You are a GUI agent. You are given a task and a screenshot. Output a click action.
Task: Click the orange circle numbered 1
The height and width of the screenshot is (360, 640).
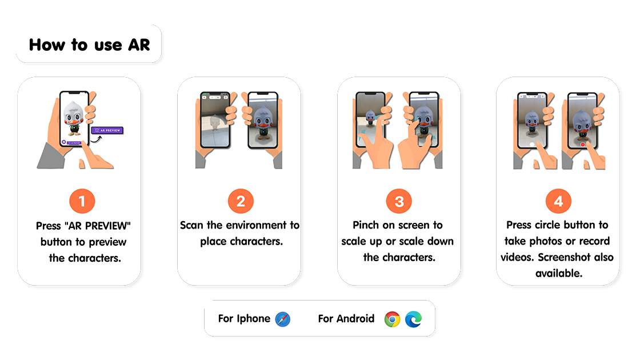[x=82, y=201]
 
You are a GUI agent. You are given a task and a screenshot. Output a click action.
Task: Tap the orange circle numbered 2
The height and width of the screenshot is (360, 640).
[x=241, y=201]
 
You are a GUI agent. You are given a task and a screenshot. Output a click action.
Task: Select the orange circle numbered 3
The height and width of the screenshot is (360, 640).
[x=399, y=201]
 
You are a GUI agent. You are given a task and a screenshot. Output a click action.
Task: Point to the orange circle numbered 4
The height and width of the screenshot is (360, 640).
[x=558, y=201]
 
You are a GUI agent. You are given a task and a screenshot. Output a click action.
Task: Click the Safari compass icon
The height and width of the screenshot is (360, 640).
[x=282, y=319]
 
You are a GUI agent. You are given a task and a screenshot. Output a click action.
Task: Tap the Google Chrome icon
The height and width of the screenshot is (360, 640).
[x=392, y=319]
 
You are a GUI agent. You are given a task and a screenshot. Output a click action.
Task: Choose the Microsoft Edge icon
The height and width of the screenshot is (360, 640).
[x=414, y=319]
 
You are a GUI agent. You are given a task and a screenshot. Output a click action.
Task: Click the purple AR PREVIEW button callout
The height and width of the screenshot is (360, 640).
[x=107, y=130]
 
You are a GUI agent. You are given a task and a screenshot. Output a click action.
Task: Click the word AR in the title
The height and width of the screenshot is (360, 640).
[x=139, y=45]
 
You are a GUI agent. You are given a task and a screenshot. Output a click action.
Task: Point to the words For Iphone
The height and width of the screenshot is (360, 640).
[x=244, y=318]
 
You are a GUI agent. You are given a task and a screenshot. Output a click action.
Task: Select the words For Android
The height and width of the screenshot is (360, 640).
[x=346, y=318]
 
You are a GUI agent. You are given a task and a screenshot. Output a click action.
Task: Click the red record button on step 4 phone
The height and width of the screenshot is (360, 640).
[x=582, y=144]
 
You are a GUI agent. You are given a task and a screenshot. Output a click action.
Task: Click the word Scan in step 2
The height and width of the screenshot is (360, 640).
[x=191, y=225]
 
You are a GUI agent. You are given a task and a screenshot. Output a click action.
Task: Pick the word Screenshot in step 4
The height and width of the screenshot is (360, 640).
[x=564, y=257]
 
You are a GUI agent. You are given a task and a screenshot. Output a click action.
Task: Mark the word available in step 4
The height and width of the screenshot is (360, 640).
[x=559, y=273]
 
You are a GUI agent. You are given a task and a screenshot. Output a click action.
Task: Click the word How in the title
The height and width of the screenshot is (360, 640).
[x=47, y=45]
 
